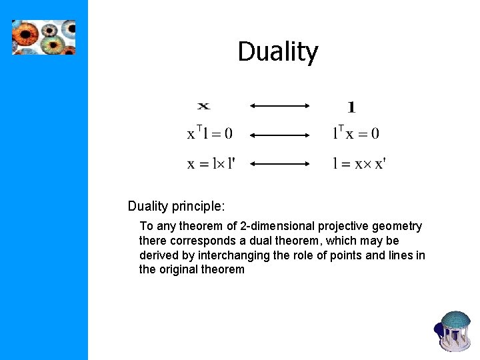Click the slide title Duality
pos(278,52)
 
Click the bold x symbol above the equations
pos(203,105)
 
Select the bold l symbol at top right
pos(351,106)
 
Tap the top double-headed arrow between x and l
pos(280,105)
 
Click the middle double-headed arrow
pos(280,134)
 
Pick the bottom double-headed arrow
pos(280,163)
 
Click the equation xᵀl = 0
pos(209,133)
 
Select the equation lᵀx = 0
pos(355,133)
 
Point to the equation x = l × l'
pos(211,163)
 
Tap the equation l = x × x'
pos(359,163)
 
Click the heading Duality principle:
pos(172,205)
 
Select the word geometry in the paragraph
pos(399,226)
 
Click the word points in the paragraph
pos(359,255)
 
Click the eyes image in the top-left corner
pos(44,37)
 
